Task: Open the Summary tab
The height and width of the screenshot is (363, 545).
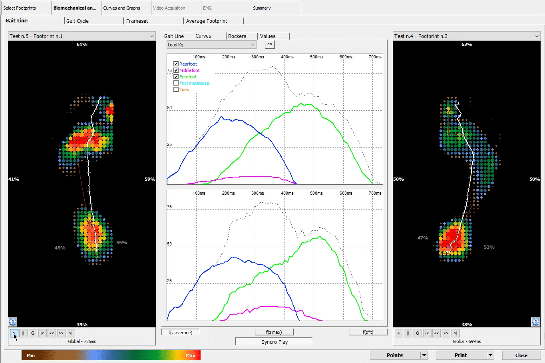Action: pyautogui.click(x=262, y=8)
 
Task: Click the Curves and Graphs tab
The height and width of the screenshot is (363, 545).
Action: pyautogui.click(x=122, y=8)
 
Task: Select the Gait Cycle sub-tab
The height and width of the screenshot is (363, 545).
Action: pyautogui.click(x=78, y=21)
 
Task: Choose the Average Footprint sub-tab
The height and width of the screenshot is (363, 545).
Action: pyautogui.click(x=207, y=21)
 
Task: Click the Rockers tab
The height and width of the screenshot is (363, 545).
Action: pyautogui.click(x=237, y=36)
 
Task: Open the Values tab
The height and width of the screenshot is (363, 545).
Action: pyautogui.click(x=268, y=36)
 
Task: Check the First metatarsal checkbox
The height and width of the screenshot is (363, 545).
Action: pyautogui.click(x=176, y=83)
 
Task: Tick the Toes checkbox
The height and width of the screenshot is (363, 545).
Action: pyautogui.click(x=176, y=90)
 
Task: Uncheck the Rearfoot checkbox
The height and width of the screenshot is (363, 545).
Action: pyautogui.click(x=176, y=64)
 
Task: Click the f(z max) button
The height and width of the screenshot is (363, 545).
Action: pyautogui.click(x=274, y=332)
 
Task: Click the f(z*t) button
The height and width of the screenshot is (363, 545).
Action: pyautogui.click(x=368, y=332)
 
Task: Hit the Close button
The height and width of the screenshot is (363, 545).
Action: pyautogui.click(x=521, y=355)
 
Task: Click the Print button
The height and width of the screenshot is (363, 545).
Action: pyautogui.click(x=461, y=355)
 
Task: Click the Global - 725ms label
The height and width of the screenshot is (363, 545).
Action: pyautogui.click(x=82, y=341)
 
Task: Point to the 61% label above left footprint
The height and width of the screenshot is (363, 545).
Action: pyautogui.click(x=82, y=44)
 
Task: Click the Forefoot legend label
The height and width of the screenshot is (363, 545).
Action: pyautogui.click(x=188, y=77)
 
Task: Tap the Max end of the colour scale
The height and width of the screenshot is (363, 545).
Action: pyautogui.click(x=191, y=355)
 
